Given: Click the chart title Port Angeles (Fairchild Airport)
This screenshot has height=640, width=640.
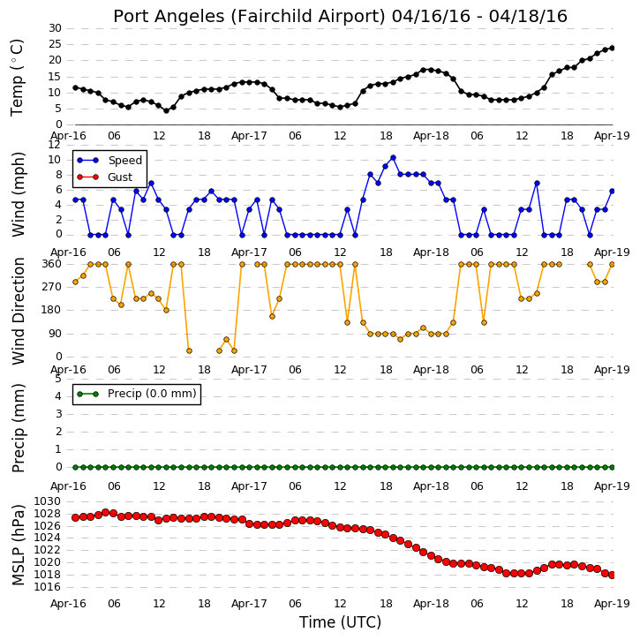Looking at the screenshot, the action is pos(249,17).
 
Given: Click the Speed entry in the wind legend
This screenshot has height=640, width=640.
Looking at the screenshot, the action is pos(124,160).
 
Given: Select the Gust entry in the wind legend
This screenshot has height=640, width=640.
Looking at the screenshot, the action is pos(120,177).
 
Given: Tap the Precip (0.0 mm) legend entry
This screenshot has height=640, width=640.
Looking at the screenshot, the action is pos(152,394).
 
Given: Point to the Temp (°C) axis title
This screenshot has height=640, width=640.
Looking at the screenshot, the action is pos(17,78).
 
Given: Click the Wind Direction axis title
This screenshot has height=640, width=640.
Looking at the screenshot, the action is pos(19,311).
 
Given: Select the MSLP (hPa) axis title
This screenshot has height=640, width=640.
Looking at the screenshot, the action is pos(19,545).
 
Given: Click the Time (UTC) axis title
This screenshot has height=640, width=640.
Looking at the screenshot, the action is pos(340,622).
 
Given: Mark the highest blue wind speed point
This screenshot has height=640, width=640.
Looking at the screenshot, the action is pos(393,157).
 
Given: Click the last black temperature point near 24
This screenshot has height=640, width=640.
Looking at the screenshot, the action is pos(612,49).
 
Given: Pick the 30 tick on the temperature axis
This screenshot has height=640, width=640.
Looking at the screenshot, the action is pos(55,28).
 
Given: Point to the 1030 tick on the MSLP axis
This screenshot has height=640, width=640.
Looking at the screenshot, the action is pos(47,501).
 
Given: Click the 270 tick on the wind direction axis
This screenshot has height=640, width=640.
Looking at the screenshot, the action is pos(52,287).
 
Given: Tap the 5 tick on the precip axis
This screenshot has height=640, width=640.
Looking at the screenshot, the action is pos(58,379).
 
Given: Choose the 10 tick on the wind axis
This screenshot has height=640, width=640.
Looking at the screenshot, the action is pos(55,160).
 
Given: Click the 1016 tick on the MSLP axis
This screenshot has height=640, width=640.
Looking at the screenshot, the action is pos(47,587).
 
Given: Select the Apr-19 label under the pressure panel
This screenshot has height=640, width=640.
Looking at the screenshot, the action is pos(612,603).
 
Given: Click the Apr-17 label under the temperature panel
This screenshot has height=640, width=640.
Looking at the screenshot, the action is pos(249,136).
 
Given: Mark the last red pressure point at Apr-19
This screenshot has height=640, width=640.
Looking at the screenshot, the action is pos(612,575).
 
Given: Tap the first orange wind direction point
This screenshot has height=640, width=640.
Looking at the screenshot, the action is pos(76,282).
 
